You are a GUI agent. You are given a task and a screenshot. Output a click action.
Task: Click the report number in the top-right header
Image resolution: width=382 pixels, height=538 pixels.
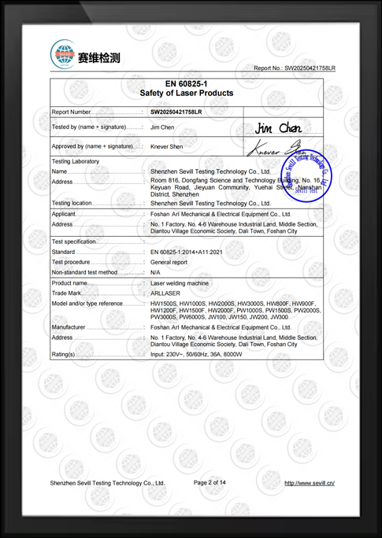(294, 68)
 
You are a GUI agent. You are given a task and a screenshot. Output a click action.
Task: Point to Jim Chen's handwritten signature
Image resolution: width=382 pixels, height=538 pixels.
(279, 127)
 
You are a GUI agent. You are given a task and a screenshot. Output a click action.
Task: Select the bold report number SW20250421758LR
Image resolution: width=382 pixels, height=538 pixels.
(176, 112)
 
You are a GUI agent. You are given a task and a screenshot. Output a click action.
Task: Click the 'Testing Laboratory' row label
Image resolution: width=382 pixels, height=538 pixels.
(76, 161)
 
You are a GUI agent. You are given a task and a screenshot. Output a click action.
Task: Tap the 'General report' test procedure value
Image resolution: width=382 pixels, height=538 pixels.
(169, 262)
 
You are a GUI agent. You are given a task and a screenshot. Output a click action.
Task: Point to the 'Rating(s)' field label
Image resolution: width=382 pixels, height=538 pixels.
(64, 355)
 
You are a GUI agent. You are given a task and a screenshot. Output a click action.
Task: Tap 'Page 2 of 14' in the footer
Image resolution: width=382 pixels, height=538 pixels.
(210, 482)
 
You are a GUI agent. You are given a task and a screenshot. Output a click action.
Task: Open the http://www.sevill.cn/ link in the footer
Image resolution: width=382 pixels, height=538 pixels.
(310, 483)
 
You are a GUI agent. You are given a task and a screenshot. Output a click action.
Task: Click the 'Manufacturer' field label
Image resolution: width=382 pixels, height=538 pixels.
(69, 326)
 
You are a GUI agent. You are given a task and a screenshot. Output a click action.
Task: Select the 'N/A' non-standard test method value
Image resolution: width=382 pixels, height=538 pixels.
(155, 271)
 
